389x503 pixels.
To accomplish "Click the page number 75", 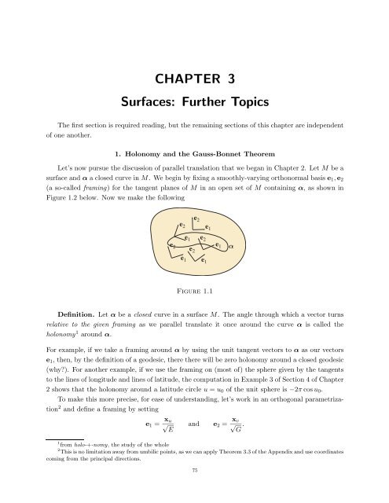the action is point(194,491).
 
